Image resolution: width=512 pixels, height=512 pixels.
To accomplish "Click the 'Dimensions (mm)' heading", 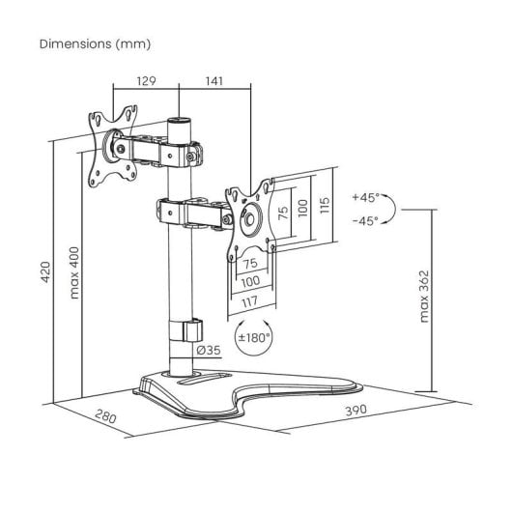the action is click(95, 44).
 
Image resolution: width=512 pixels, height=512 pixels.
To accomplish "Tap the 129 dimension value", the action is click(146, 80).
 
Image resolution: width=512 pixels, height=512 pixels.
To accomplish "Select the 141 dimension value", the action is click(214, 80).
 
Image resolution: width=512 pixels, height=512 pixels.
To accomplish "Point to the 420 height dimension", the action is click(45, 272).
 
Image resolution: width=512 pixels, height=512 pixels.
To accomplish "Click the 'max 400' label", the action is click(74, 273).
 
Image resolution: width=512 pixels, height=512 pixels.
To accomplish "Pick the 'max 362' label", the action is click(424, 297).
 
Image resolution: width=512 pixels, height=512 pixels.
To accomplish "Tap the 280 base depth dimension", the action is click(106, 416).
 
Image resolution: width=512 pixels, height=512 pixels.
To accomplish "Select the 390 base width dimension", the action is click(356, 411).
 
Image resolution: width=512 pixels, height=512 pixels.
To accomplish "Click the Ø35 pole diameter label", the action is click(209, 351).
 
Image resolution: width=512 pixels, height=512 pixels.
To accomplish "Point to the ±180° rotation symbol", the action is click(253, 338).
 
